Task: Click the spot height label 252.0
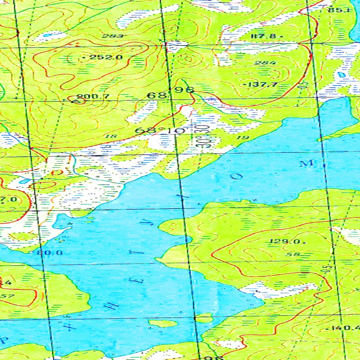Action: point(105,57)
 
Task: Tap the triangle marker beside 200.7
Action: point(75,101)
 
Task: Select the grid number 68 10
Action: point(160,130)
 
